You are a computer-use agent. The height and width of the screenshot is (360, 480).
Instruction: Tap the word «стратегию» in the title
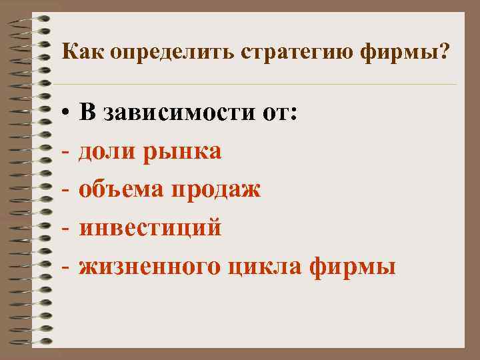coord(282,53)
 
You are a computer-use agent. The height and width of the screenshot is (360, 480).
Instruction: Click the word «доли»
coord(106,153)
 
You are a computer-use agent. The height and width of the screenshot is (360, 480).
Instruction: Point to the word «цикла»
coord(265,267)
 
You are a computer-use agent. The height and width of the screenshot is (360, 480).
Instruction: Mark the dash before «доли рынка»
coord(66,153)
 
